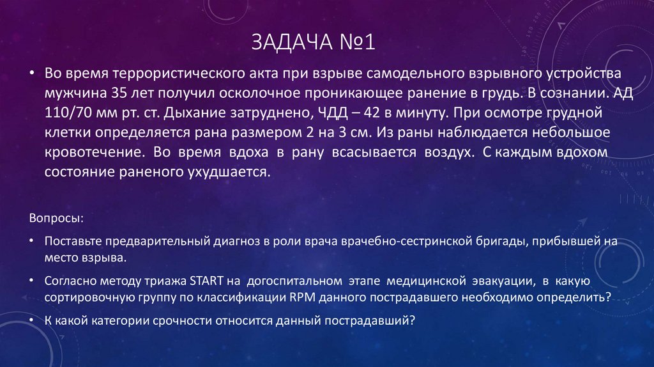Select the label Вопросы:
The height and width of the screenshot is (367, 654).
(x=56, y=218)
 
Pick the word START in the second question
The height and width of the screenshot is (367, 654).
(x=204, y=281)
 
